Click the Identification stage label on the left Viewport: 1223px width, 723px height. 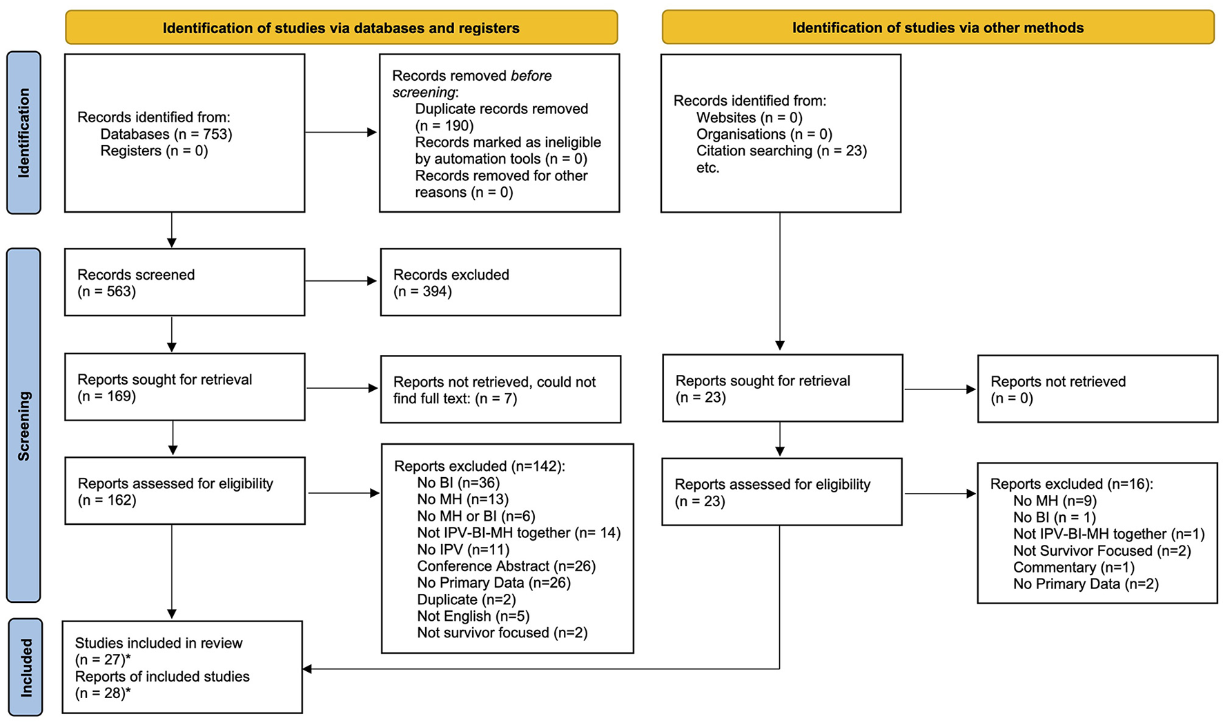coord(23,133)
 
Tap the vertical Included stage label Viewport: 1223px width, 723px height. coord(26,667)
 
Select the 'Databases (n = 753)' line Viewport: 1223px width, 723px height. coord(166,134)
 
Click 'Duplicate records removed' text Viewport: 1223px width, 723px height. coord(501,109)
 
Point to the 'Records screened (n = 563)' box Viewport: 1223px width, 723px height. coord(184,282)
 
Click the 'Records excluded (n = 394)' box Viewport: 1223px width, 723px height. coord(500,282)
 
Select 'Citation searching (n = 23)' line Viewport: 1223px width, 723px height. coord(781,151)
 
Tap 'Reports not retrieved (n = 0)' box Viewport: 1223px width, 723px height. coord(1097,389)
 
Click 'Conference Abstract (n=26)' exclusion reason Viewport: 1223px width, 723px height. coord(506,566)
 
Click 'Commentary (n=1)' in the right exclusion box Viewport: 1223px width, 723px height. coord(1073,568)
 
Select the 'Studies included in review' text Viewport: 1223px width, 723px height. coord(159,643)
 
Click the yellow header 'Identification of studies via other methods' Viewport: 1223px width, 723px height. coord(937,28)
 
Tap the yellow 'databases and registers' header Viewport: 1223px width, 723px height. coord(341,28)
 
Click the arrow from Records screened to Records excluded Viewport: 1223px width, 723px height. coord(342,281)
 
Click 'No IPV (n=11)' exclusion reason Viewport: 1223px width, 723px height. coord(463,550)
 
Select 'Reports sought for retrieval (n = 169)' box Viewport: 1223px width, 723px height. coord(184,387)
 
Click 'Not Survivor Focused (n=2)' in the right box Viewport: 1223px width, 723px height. coord(1102,551)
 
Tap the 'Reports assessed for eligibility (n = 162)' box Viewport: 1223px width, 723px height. coord(184,491)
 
